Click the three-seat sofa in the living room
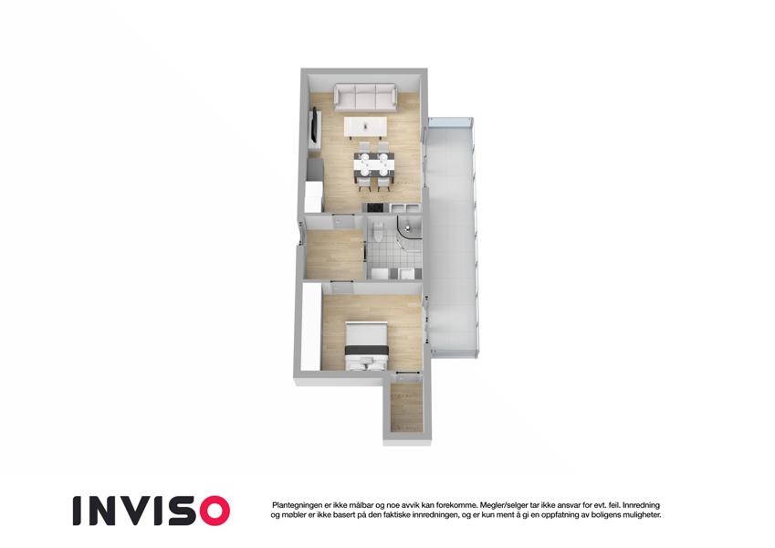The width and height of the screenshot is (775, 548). click(365, 97)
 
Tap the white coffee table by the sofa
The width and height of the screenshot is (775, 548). click(365, 127)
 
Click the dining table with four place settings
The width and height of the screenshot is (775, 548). click(374, 164)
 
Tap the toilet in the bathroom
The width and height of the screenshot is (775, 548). click(378, 231)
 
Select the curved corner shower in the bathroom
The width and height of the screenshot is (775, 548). click(409, 231)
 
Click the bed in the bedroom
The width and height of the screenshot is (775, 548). click(366, 345)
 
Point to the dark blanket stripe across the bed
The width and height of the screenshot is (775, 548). click(366, 350)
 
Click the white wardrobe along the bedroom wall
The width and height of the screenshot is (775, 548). click(311, 326)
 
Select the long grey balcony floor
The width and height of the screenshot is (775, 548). click(452, 237)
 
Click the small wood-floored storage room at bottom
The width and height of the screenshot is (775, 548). click(406, 406)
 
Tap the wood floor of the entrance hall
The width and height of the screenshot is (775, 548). click(335, 254)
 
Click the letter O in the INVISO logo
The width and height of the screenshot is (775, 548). click(211, 511)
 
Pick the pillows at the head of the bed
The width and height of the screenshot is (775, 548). click(366, 365)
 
